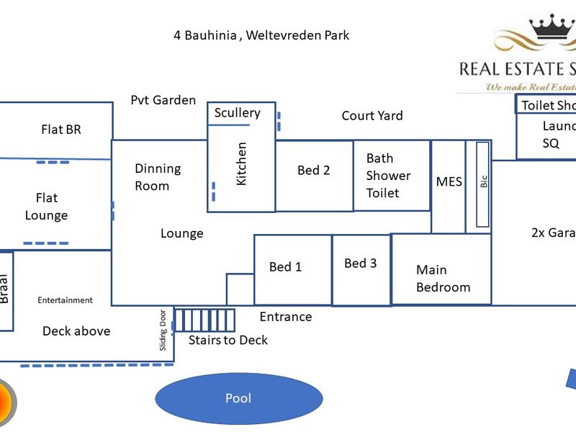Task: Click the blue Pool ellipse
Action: point(238,398)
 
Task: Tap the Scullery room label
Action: point(237,113)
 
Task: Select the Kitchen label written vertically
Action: point(241,163)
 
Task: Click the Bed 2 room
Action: point(314,171)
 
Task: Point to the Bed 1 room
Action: point(286,267)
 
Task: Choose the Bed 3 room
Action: point(360,264)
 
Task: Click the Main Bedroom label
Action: point(443,279)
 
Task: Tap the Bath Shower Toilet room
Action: point(389,176)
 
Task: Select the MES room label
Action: point(449,181)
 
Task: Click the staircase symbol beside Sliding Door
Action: point(206,320)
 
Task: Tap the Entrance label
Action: point(286,317)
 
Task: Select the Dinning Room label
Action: point(158,177)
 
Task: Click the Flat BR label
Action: point(61,130)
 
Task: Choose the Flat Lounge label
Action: point(46,207)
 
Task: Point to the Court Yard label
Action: point(372,116)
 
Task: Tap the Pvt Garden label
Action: point(163,100)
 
